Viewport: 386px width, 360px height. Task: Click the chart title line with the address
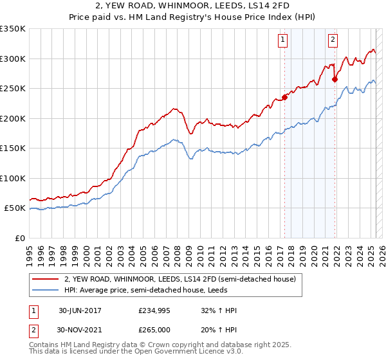pos(192,6)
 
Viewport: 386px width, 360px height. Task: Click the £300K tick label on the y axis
pos(13,59)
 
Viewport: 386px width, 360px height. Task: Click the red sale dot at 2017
pos(284,98)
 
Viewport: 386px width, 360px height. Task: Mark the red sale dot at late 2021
pos(335,80)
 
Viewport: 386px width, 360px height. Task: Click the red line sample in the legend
pos(46,279)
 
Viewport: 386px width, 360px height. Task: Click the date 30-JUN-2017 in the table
pos(80,310)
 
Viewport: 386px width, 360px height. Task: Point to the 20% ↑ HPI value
pos(219,329)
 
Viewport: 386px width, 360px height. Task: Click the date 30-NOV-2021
pos(80,329)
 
